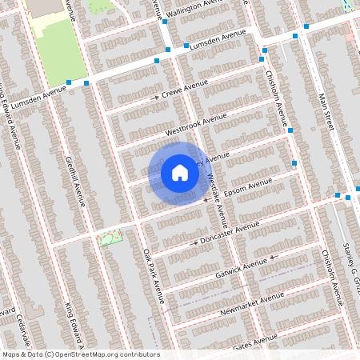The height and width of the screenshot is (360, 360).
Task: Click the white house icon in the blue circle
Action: pyautogui.click(x=180, y=172)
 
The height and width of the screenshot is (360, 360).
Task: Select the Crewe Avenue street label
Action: pyautogui.click(x=186, y=88)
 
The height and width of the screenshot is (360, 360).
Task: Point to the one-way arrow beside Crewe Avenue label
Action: pyautogui.click(x=157, y=97)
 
